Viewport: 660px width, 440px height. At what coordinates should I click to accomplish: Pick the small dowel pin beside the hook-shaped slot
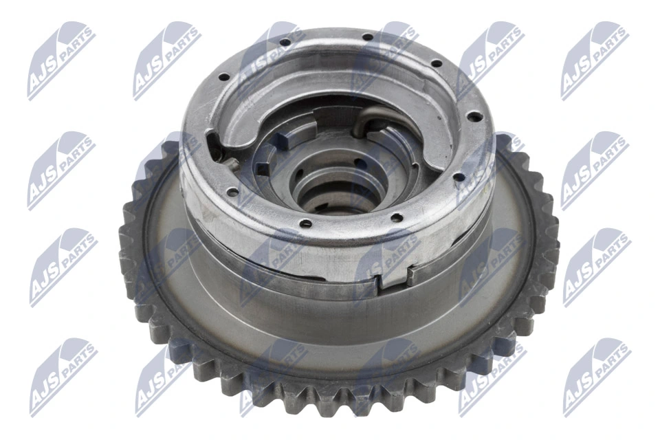[233, 164]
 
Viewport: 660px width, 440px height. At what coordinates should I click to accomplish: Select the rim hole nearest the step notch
[397, 218]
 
